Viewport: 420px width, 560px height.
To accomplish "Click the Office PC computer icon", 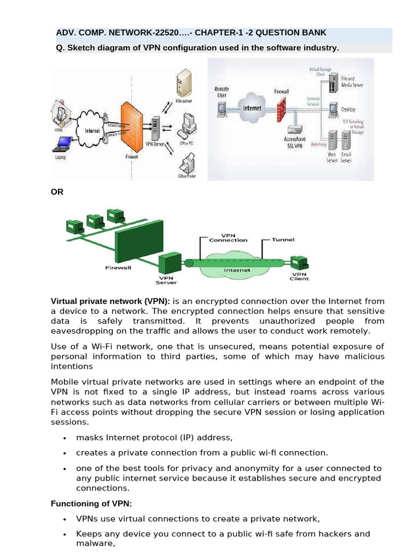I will coord(188,124).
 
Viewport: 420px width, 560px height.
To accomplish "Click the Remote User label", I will coord(222,92).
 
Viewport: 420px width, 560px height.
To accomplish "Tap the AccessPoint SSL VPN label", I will coord(294,142).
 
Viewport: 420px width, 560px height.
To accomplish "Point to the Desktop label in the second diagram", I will coord(348,109).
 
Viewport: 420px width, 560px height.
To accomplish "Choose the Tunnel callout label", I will coord(283,240).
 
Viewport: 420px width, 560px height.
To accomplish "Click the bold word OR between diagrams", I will coord(57,192).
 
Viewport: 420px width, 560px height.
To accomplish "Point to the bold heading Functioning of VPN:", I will coord(91,503).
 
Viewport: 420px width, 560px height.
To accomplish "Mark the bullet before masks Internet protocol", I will coord(65,438).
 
